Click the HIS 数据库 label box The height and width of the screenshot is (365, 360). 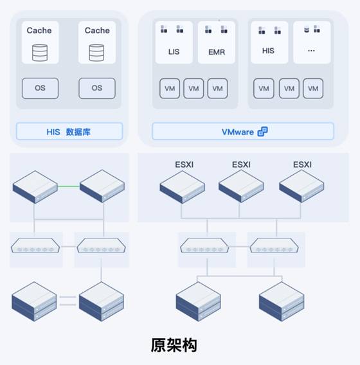coord(69,132)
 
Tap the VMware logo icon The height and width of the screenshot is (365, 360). coord(263,132)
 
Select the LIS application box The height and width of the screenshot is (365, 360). coord(174,42)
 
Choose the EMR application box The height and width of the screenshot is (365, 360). coord(217,42)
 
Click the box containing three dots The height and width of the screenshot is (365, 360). coord(312,42)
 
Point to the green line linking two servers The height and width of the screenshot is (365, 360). coord(68,186)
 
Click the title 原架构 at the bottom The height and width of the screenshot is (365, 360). coord(174,345)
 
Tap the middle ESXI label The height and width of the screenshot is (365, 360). coord(241,165)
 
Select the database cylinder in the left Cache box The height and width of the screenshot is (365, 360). coord(40,53)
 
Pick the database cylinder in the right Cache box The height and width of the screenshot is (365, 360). coord(96,53)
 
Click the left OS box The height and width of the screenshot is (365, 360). coord(40,88)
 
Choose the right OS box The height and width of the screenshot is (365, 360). coord(97,88)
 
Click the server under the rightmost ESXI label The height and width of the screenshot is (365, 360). coord(301,186)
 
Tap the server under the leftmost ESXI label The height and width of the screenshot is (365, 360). coord(183,187)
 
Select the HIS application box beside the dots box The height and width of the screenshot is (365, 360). coord(269,42)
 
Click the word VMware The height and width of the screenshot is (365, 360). coord(238,132)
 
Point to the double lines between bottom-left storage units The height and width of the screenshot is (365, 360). coord(67,301)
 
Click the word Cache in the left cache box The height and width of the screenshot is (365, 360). coord(39,30)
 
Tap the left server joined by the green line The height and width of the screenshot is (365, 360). coord(35,187)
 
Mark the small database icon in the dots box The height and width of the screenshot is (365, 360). coord(307,30)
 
